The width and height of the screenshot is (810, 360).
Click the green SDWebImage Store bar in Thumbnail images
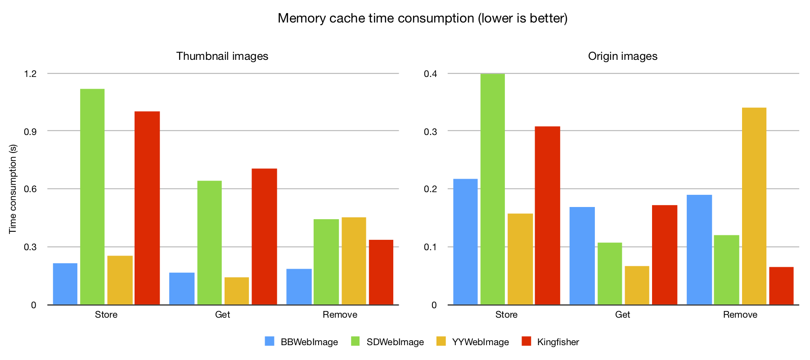point(92,197)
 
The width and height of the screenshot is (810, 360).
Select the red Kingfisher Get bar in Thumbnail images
point(264,237)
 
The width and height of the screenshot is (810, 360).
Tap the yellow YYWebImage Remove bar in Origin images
point(754,206)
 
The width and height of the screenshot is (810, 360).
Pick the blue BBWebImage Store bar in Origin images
point(465,242)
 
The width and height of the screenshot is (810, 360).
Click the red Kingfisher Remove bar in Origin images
point(781,286)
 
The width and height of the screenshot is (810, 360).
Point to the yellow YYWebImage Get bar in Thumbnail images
point(237,291)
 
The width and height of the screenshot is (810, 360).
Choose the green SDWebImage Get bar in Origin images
point(610,274)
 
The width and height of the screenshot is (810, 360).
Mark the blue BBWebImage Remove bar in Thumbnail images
point(299,287)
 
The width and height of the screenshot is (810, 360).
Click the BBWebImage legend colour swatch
point(270,342)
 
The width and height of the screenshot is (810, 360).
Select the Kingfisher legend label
point(558,342)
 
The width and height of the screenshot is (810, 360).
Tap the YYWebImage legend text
point(481,342)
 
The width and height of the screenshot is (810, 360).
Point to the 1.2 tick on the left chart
point(30,73)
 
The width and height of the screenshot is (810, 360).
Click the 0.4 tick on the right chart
point(430,73)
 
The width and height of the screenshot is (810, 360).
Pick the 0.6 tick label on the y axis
point(30,189)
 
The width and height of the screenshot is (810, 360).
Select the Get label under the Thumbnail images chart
point(223,315)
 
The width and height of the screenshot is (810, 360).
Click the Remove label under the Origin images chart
point(740,315)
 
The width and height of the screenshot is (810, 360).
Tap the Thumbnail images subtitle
point(222,56)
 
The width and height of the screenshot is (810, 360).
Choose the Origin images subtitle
point(622,56)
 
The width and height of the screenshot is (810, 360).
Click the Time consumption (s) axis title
point(13,189)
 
